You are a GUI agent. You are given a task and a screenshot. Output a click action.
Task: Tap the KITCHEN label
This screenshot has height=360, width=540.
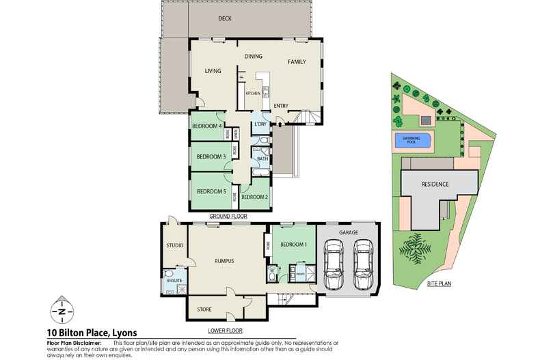click(253, 92)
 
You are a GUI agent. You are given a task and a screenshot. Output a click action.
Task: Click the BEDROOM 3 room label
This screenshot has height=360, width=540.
click(211, 156)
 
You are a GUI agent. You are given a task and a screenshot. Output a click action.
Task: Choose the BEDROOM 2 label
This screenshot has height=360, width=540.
click(254, 197)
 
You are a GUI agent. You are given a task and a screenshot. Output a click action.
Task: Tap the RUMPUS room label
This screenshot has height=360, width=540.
click(225, 261)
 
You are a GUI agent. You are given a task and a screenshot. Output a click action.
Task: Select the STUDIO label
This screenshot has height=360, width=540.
click(175, 245)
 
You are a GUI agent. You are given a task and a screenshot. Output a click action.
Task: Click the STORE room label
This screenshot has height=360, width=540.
click(204, 309)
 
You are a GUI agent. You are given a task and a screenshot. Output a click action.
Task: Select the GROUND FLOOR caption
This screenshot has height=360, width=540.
click(227, 216)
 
